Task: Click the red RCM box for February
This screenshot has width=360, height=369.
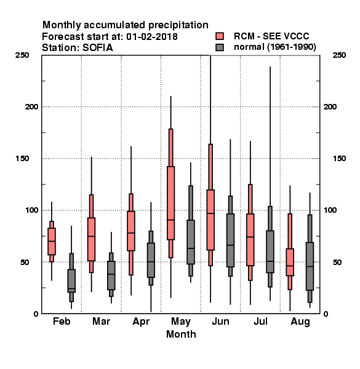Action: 52,241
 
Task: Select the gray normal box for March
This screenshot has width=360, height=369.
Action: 111,276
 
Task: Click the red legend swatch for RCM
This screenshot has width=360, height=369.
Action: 220,36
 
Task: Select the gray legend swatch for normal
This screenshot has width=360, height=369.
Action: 220,47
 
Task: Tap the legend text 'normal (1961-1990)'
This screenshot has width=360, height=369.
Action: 274,47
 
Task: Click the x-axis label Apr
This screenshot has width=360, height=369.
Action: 141,322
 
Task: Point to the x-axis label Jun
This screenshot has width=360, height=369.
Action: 220,321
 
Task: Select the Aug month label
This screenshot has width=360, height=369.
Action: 300,322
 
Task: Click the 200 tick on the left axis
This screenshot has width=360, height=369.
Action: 31,106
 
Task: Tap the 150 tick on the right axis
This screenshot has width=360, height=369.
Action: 339,159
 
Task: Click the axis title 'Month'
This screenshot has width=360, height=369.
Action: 181,334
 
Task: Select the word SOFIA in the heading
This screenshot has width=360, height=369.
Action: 97,48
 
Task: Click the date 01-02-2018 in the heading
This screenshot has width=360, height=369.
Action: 152,37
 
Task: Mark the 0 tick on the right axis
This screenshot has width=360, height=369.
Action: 326,314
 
